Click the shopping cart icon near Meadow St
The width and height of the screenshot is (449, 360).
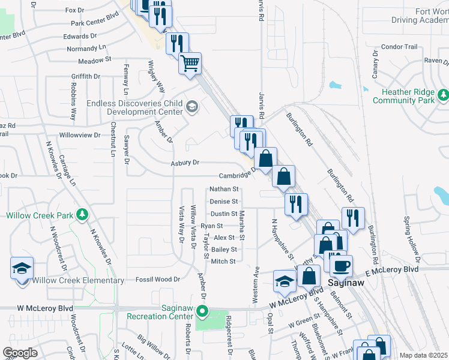click(190, 62)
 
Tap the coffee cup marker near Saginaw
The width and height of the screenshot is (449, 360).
click(341, 265)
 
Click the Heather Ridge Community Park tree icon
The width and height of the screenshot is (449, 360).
click(443, 94)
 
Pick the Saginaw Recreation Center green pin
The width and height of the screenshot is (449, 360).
click(203, 311)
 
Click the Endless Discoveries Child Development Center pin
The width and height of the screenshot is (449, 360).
click(192, 107)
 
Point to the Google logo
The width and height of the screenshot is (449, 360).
click(20, 353)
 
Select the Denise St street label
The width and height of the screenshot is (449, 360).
click(224, 202)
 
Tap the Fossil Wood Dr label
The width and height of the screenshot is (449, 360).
click(158, 279)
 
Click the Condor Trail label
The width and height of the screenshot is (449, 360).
click(399, 46)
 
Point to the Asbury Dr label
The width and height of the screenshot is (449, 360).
click(184, 163)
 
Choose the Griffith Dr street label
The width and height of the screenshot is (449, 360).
click(85, 76)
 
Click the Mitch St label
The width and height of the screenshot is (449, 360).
click(223, 261)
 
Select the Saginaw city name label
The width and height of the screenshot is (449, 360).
click(348, 281)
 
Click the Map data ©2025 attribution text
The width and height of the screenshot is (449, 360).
click(423, 355)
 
